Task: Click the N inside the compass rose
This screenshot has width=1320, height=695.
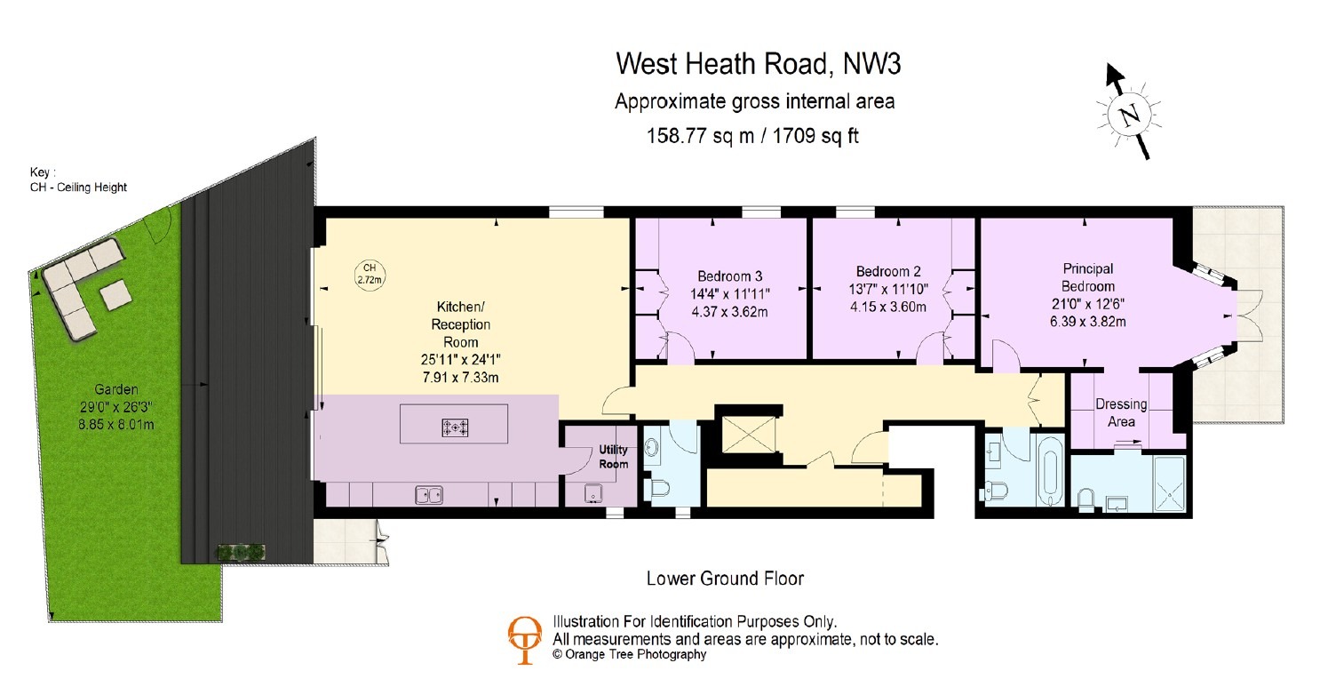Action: [1129, 115]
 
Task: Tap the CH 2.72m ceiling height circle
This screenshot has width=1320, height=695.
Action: [370, 274]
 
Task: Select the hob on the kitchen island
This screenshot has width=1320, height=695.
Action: [454, 427]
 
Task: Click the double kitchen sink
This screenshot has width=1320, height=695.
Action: [429, 494]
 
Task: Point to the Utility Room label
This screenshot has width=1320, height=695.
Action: [614, 457]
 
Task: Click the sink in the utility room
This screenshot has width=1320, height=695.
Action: [592, 493]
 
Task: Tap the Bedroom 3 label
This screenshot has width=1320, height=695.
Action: [729, 276]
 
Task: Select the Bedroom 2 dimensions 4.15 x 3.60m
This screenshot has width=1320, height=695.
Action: [888, 308]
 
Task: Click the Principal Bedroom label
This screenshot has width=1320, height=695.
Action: [1088, 277]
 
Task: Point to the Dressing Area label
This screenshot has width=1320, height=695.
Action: [1121, 412]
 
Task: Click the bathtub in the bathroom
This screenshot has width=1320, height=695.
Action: [1053, 472]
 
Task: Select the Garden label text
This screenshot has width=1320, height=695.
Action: [116, 389]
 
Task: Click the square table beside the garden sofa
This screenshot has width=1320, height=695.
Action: [115, 295]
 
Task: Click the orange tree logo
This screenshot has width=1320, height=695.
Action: [524, 640]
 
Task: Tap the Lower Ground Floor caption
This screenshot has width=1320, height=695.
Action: [725, 579]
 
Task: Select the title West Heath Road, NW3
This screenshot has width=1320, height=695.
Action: [759, 64]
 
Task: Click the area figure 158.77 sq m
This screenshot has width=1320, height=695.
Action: [700, 136]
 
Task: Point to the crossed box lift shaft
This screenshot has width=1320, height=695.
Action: [749, 435]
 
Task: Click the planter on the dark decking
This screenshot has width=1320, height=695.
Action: [241, 552]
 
